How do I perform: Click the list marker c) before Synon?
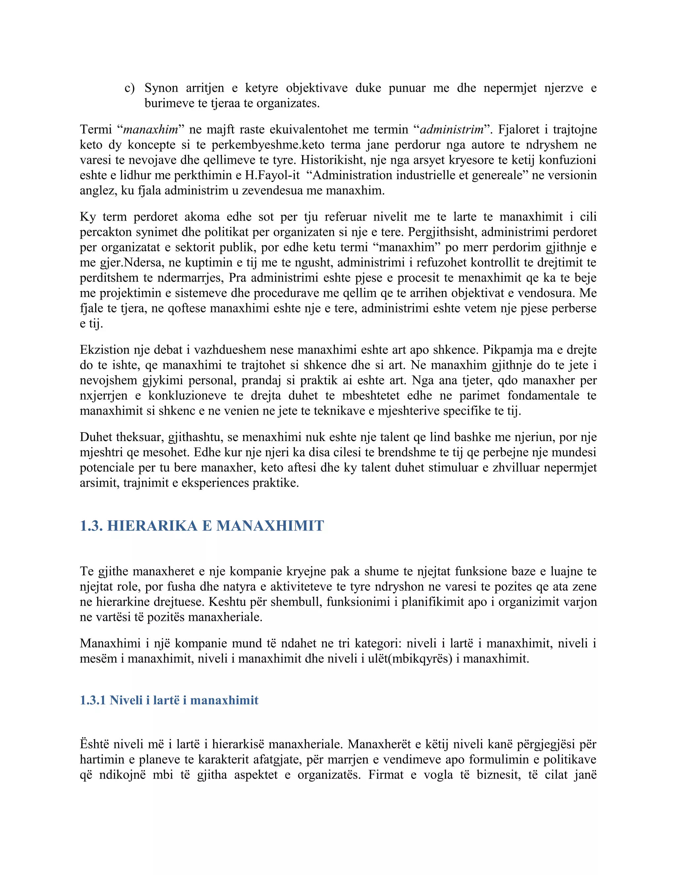[129, 88]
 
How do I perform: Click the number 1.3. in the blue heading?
[92, 526]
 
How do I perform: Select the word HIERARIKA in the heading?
[152, 526]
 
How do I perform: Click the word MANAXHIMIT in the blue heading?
[270, 526]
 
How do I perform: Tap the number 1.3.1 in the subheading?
[93, 700]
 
